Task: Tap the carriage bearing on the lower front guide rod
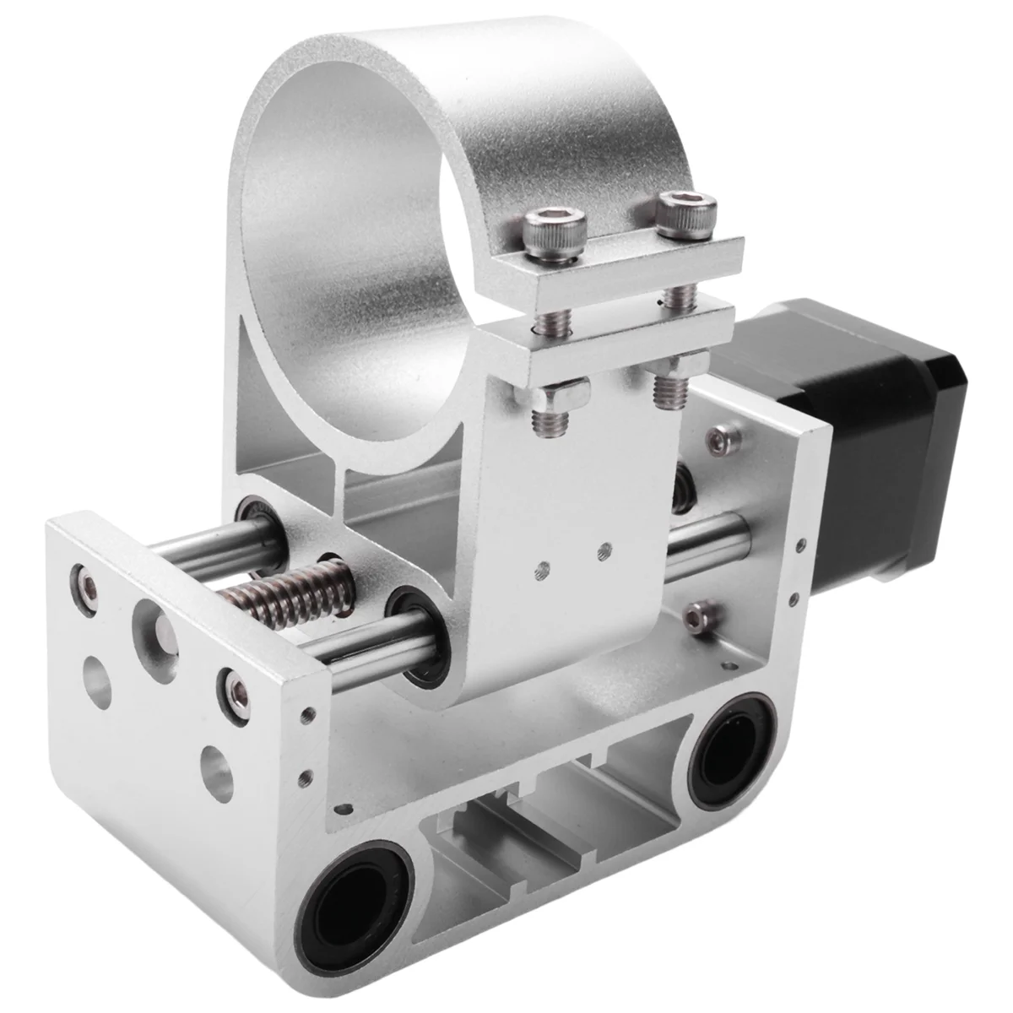[x=418, y=637]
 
